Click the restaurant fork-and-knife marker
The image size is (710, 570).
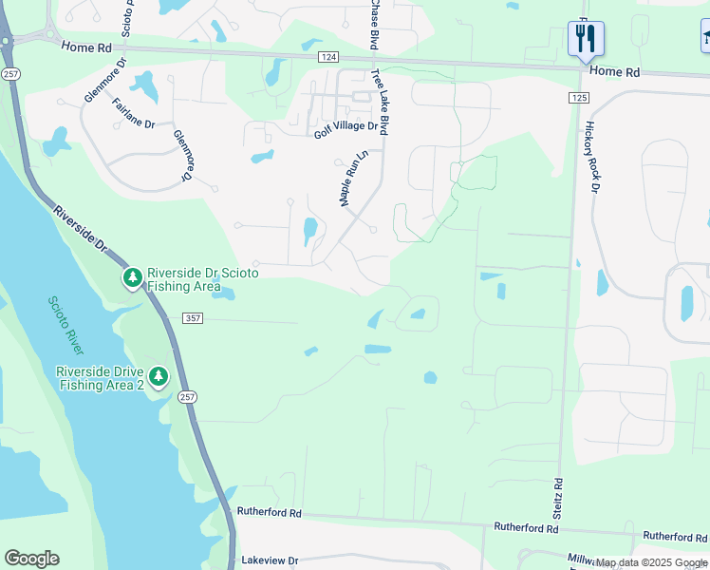point(586,39)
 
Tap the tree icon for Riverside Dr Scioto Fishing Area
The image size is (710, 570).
point(133,278)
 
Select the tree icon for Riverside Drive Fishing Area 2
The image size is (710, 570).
point(159,377)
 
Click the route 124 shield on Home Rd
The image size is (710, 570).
point(328,58)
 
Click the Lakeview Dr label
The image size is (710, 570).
point(270,560)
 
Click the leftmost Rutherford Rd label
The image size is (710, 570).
point(269,513)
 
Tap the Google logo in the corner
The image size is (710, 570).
point(31,559)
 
